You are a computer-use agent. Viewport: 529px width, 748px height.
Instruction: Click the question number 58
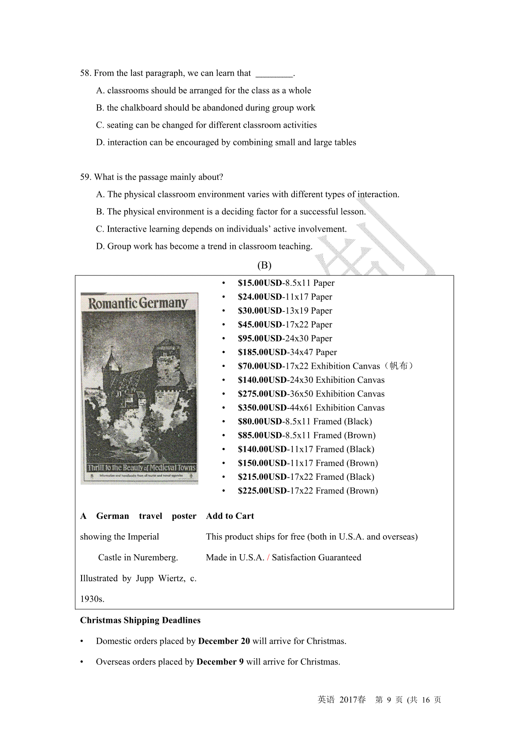pos(86,73)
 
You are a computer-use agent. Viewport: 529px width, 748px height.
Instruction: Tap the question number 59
pos(86,177)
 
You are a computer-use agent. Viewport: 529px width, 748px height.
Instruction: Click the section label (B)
pos(264,265)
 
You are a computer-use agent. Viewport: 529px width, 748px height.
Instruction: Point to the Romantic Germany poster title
pos(138,303)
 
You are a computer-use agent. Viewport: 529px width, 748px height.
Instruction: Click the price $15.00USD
pos(260,283)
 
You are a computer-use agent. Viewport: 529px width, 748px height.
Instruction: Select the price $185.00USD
pos(262,352)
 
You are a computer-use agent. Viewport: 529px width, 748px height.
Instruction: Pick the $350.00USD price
pos(262,407)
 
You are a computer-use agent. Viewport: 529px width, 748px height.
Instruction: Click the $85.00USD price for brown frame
pos(260,435)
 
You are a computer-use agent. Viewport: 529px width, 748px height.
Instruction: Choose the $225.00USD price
pos(262,491)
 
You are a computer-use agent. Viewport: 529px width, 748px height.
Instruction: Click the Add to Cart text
pos(230,516)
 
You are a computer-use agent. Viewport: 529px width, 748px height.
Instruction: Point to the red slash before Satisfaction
pos(268,557)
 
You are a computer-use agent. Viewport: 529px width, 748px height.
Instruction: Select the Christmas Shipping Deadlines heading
pos(140,620)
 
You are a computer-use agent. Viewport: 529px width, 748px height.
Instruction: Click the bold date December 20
pos(224,641)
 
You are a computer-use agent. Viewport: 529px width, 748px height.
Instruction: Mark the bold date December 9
pos(220,662)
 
